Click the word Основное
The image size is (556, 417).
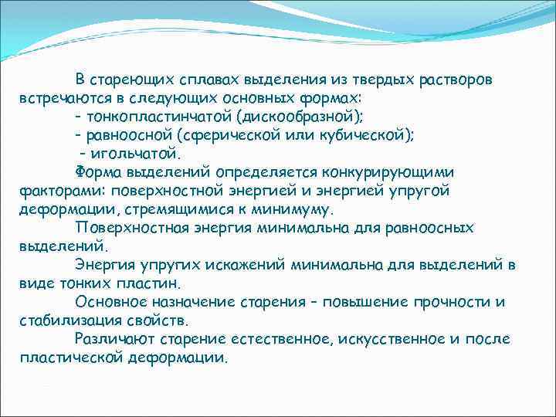coord(109,301)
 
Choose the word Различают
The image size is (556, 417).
coord(111,338)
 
